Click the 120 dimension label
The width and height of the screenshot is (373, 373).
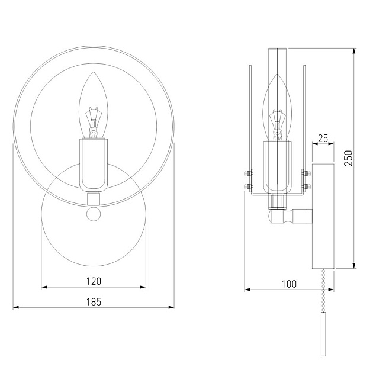[x=94, y=281]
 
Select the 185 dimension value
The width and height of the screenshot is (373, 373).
[x=94, y=301]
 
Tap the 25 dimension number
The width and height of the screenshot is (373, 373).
[x=323, y=139]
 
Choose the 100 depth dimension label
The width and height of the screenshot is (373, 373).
[x=288, y=284]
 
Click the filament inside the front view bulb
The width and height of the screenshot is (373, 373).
[x=94, y=121]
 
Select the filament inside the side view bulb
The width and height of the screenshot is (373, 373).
[x=276, y=123]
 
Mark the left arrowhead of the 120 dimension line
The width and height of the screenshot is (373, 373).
[x=43, y=288]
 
